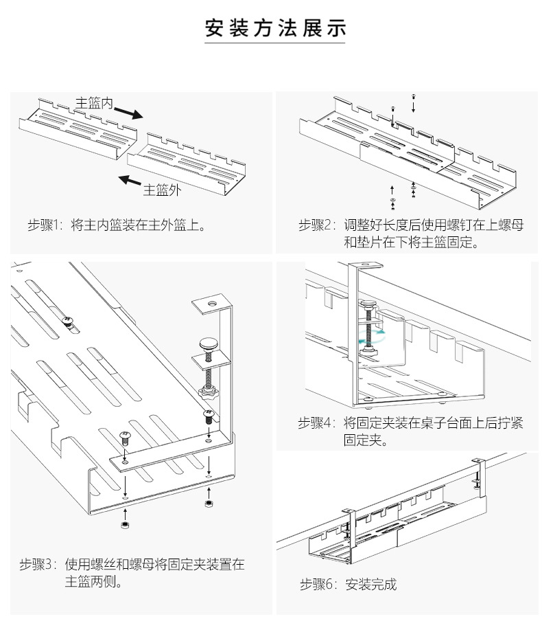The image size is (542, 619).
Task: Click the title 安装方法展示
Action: pyautogui.click(x=275, y=28)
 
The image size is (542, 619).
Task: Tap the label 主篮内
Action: pyautogui.click(x=94, y=103)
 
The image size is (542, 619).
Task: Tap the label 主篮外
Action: pyautogui.click(x=162, y=190)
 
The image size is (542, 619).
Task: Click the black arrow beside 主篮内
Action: pyautogui.click(x=129, y=113)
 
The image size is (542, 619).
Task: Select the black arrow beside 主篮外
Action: pyautogui.click(x=130, y=181)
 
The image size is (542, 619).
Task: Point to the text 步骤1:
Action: pyautogui.click(x=45, y=225)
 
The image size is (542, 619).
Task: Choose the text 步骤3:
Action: pyautogui.click(x=38, y=564)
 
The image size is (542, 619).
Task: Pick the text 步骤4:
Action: pyautogui.click(x=316, y=423)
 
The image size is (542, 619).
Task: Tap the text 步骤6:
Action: pyautogui.click(x=318, y=584)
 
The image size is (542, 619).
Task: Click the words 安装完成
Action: pyautogui.click(x=371, y=584)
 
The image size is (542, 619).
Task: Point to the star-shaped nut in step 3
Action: pyautogui.click(x=208, y=392)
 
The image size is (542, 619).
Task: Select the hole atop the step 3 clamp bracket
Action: pyautogui.click(x=212, y=304)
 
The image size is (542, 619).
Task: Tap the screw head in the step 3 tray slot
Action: pyautogui.click(x=68, y=321)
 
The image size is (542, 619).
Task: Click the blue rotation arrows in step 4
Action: pyautogui.click(x=372, y=336)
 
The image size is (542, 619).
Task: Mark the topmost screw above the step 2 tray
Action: pyautogui.click(x=413, y=96)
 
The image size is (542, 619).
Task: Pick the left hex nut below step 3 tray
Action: pyautogui.click(x=126, y=525)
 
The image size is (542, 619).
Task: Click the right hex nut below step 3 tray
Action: pyautogui.click(x=209, y=504)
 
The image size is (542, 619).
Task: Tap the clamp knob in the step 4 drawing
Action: pyautogui.click(x=368, y=303)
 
